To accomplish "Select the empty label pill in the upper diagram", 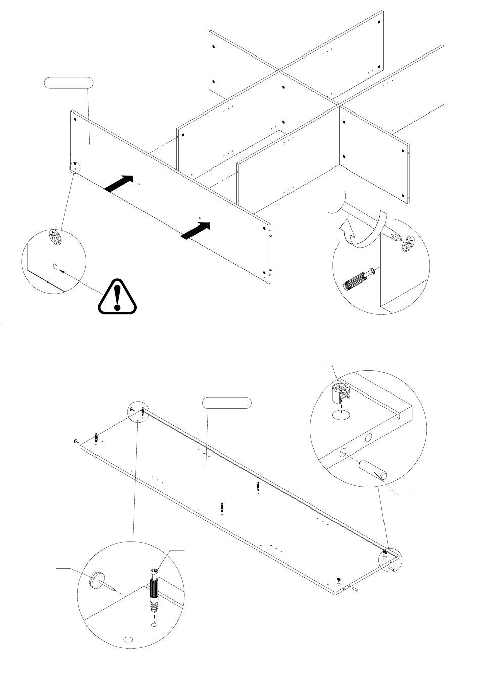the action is click(x=69, y=83).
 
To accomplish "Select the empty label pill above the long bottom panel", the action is click(x=227, y=403).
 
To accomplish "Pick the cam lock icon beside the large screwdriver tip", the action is click(x=409, y=243).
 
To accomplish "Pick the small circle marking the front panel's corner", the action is click(x=75, y=167).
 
